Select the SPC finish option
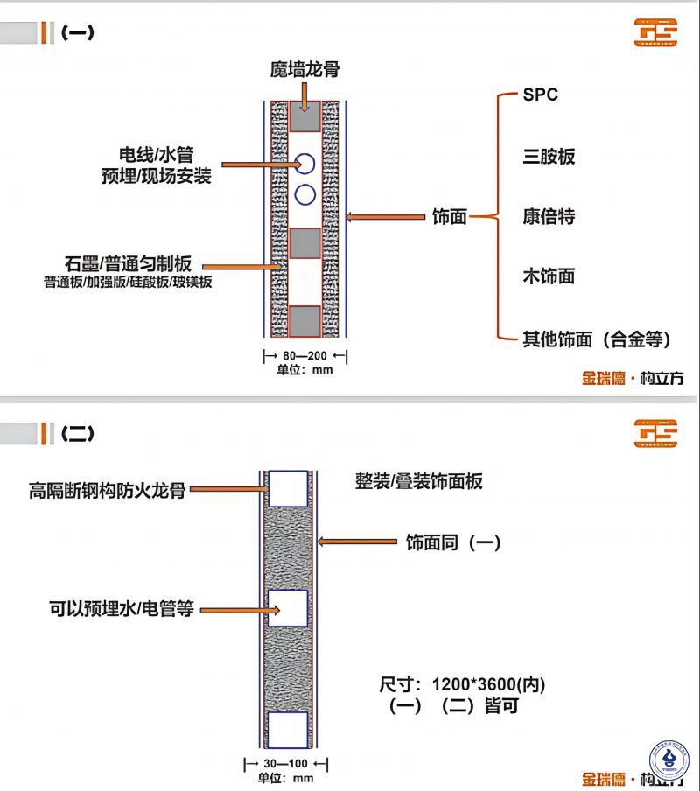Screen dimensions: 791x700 540,95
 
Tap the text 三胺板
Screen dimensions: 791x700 549,157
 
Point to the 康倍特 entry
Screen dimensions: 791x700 549,216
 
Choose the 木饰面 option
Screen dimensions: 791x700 549,277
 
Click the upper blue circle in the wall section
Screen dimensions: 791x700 305,164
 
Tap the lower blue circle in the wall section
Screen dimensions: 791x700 305,194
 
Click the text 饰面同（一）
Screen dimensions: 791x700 453,542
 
